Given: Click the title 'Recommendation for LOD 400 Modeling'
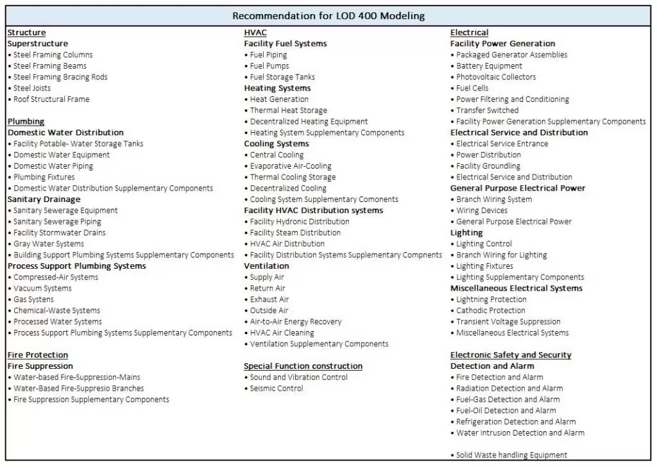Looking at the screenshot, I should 328,15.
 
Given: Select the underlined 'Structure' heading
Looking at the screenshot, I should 26,33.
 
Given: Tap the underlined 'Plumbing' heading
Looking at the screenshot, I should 26,121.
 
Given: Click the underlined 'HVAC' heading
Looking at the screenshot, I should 255,33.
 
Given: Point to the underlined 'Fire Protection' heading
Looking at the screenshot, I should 38,355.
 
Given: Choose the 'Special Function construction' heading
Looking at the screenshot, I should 303,366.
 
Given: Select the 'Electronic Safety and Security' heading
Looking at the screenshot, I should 511,355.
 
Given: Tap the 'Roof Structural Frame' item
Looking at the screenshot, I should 51,99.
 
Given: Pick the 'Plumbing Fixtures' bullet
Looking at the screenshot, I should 44,177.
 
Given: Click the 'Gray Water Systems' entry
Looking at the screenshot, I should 48,244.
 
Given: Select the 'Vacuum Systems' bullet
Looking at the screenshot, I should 42,288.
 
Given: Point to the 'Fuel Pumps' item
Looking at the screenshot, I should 269,66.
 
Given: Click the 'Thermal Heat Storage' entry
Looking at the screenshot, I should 288,110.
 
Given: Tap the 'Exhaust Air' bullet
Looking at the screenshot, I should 269,300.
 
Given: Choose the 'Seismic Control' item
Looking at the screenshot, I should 277,388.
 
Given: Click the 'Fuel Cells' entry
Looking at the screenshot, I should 472,88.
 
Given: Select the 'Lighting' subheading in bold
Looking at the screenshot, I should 466,233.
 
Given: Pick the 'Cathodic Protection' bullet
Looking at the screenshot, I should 490,310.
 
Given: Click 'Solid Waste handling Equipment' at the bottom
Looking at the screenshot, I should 511,455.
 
